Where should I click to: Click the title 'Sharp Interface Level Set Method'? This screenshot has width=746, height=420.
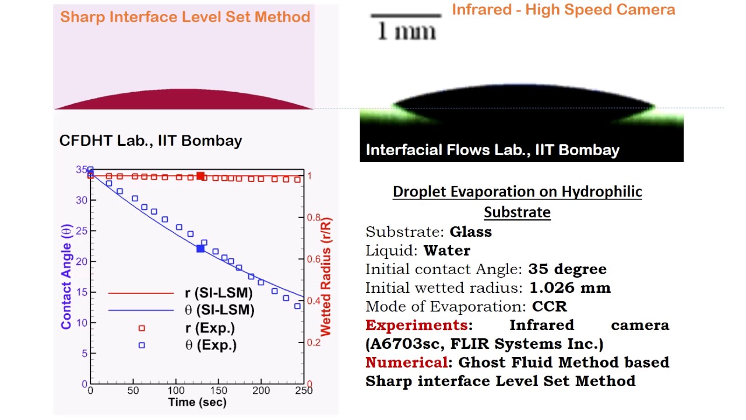(185, 16)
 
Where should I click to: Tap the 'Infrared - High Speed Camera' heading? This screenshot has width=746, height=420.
(563, 9)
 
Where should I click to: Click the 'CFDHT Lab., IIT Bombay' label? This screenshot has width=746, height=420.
(150, 141)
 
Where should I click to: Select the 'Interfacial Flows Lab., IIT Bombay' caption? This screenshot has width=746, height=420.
(492, 150)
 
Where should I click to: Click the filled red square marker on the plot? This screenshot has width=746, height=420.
(200, 176)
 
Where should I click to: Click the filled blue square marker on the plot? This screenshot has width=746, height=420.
(200, 249)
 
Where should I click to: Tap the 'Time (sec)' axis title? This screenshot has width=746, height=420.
(197, 402)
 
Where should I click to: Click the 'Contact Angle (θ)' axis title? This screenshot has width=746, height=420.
(66, 278)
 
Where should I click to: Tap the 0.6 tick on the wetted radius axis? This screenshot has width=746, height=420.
(314, 260)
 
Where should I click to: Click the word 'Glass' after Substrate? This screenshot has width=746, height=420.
(470, 232)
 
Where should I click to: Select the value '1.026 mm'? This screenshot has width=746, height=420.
(569, 288)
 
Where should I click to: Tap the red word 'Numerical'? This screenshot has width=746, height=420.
(406, 362)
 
